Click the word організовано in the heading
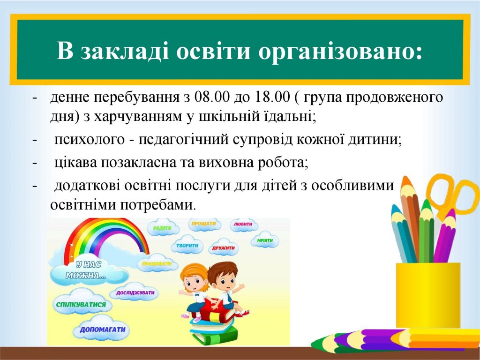(x=340, y=51)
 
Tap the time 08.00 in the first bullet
(x=211, y=97)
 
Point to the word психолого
(x=90, y=140)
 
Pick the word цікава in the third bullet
(x=76, y=163)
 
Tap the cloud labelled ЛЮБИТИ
(x=243, y=225)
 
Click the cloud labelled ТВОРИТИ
(x=187, y=245)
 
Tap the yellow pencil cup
(x=428, y=295)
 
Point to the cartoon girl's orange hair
(x=193, y=274)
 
